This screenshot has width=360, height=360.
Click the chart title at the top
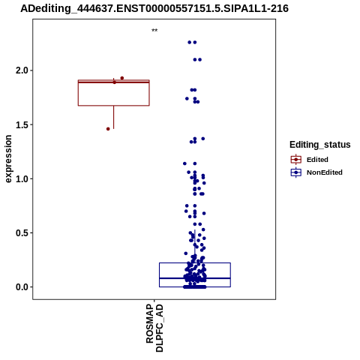pos(154,8)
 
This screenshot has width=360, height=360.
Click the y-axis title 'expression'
pos(8,159)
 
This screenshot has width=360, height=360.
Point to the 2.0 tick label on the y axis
pos(21,70)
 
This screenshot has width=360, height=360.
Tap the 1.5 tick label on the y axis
pos(21,124)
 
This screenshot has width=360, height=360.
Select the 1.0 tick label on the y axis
pos(21,178)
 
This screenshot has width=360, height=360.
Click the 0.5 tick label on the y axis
pos(21,233)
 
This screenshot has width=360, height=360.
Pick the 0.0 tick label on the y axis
pos(21,287)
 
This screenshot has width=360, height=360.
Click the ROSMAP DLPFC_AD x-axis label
pos(154,328)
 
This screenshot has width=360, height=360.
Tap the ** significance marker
pos(154,31)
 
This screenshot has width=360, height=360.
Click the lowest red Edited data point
pos(108,129)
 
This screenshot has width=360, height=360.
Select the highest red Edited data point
pos(122,78)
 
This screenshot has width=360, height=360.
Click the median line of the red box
pos(114,82)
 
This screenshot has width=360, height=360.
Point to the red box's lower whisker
pos(114,117)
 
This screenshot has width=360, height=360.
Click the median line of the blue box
pos(195,278)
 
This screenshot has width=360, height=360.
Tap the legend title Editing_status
pos(320,145)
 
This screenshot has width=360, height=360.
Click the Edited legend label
pos(317,160)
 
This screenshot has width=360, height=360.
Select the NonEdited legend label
pos(325,172)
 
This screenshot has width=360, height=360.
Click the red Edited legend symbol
pos(296,160)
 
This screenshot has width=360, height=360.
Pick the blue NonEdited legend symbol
pos(296,172)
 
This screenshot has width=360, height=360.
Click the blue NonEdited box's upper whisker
pos(195,246)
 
